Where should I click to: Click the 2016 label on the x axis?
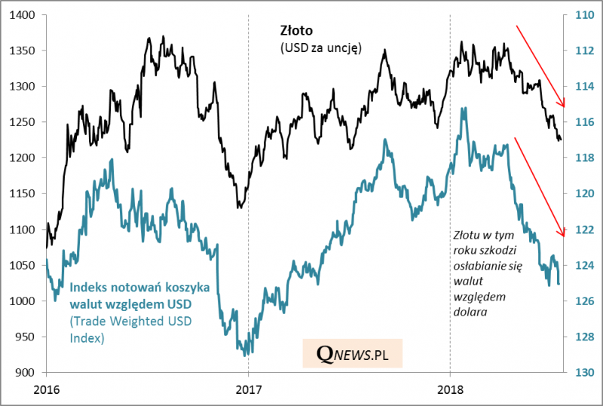47,390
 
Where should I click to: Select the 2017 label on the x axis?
248,390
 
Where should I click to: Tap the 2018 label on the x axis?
450,390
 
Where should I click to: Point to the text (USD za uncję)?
316,48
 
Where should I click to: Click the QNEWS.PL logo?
352,353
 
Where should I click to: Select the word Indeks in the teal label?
89,287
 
